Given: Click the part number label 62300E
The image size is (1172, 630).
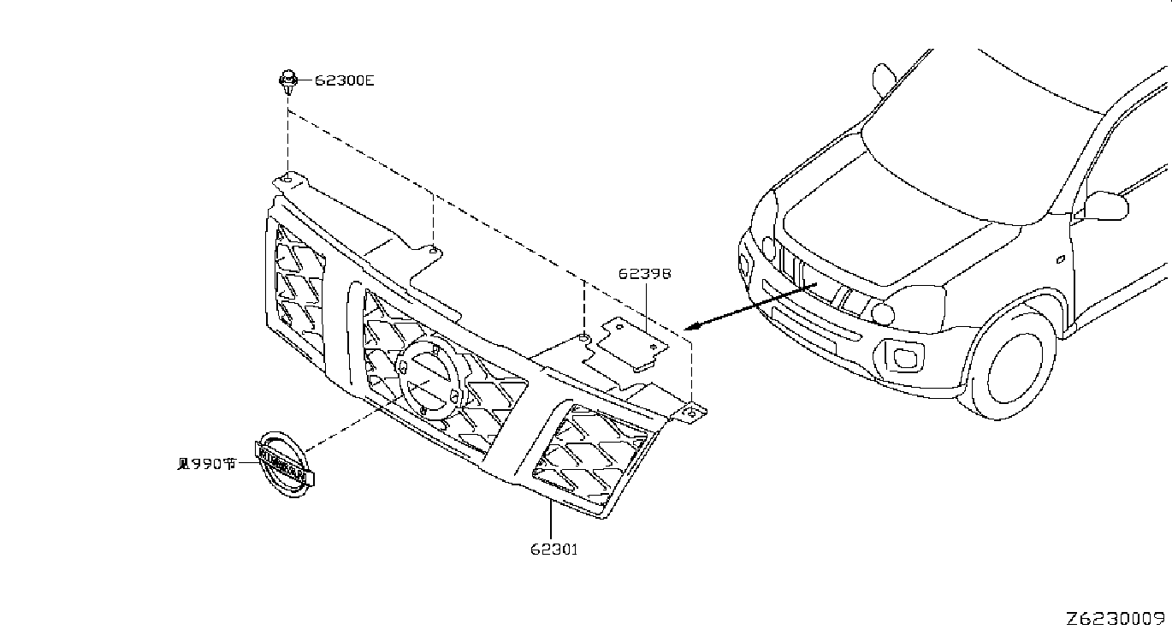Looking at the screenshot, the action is pos(344,80).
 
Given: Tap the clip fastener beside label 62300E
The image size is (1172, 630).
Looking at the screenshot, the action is pos(287,81).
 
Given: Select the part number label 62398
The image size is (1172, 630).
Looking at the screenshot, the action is pos(645,273).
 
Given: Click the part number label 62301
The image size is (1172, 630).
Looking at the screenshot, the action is pos(554,550).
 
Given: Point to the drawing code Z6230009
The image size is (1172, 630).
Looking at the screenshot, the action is pos(1115,619).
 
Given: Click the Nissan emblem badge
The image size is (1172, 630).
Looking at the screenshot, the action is pos(285,465).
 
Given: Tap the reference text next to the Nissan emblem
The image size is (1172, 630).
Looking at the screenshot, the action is pos(207,464).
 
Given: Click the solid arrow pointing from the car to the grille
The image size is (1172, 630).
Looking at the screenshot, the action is pos(750,306).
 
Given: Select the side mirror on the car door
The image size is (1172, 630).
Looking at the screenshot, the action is pos(1105,205).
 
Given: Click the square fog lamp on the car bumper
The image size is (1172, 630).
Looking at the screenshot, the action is pos(903,357).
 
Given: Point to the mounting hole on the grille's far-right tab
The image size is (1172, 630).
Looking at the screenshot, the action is pos(692,413).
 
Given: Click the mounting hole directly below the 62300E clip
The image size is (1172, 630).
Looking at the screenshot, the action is pos(287,179).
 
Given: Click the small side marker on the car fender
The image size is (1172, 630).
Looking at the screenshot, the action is pos(1060,259).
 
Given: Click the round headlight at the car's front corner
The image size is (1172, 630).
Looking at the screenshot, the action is pos(883,313).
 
